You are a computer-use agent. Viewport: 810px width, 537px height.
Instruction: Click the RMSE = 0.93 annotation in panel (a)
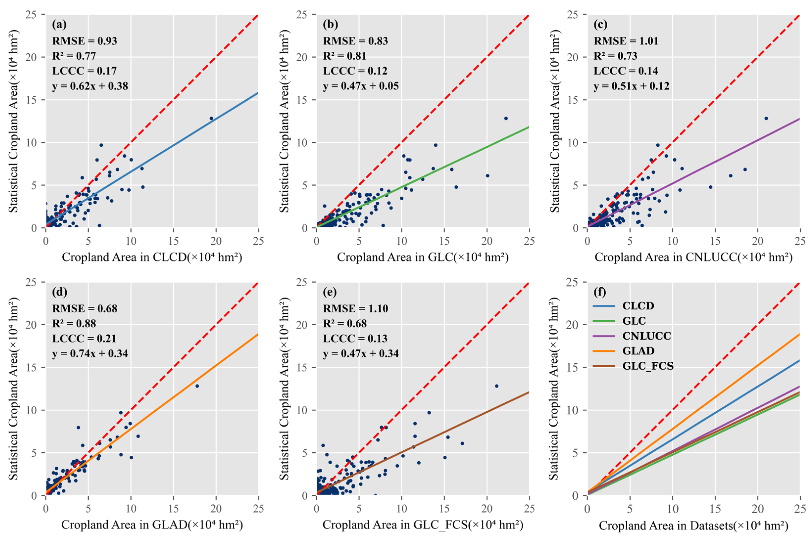[x=85, y=41]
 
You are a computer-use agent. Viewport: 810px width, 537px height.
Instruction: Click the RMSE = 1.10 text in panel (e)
[x=355, y=308]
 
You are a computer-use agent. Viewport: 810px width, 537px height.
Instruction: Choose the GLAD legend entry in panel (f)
[x=638, y=351]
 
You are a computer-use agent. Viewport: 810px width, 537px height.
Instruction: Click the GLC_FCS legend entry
[x=648, y=366]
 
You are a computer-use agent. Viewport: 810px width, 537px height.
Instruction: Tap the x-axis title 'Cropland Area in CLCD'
[x=152, y=257]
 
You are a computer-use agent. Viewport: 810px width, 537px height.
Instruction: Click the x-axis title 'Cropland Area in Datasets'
[x=693, y=525]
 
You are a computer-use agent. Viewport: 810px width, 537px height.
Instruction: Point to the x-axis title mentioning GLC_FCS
[x=422, y=525]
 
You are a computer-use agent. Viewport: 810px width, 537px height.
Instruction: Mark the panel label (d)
[x=60, y=292]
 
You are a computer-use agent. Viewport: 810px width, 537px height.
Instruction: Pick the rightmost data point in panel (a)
[x=211, y=118]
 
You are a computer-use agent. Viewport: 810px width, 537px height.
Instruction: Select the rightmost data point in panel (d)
[x=197, y=386]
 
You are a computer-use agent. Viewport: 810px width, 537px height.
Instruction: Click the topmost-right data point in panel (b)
[x=506, y=118]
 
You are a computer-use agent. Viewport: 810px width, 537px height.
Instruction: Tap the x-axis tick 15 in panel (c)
[x=715, y=241]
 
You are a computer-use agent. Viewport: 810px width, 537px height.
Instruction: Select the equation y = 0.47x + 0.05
[x=361, y=86]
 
